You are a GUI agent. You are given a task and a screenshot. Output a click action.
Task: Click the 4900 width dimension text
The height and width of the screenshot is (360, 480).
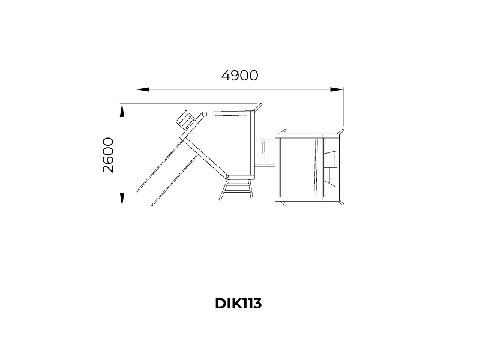(239, 76)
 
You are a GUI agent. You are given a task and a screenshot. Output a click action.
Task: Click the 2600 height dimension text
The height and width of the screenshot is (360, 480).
(108, 155)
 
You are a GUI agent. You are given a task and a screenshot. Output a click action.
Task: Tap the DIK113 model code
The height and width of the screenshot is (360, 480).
(238, 304)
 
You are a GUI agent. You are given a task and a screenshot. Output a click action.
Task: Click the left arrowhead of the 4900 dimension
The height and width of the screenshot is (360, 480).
(143, 89)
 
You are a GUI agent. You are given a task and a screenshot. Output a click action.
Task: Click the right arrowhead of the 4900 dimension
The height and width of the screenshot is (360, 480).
(337, 89)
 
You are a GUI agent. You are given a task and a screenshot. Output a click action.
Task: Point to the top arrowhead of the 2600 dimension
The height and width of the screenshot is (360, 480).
(122, 110)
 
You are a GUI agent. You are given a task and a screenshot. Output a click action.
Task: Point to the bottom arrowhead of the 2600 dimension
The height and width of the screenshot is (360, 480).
(122, 199)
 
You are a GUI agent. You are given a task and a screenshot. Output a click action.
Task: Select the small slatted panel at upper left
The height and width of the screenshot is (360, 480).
(185, 121)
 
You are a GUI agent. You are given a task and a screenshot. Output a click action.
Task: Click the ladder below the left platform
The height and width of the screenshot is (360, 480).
(236, 190)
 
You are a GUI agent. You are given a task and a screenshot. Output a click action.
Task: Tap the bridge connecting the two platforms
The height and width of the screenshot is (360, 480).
(265, 153)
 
